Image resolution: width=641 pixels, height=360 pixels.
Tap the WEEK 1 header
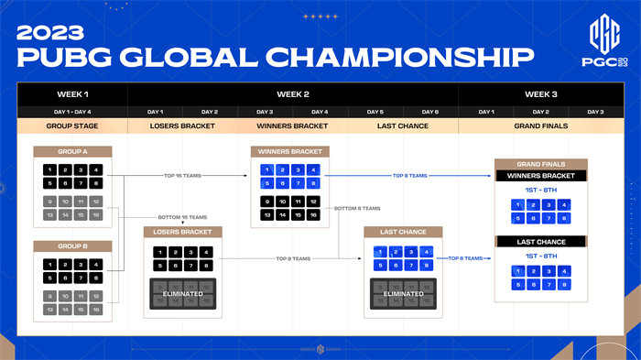coord(72,94)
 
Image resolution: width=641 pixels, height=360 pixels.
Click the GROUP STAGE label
coord(72,125)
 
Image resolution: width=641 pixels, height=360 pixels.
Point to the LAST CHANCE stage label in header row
coord(403,125)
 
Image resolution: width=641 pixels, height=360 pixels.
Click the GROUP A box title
coord(72,151)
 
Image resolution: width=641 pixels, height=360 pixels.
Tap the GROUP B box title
coord(72,245)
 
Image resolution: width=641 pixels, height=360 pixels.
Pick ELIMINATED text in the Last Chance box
coord(402,294)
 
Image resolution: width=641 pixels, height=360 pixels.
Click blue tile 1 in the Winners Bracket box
coord(266,169)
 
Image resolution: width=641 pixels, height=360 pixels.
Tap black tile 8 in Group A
coord(96,183)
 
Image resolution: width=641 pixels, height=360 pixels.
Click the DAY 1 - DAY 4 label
coord(72,111)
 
